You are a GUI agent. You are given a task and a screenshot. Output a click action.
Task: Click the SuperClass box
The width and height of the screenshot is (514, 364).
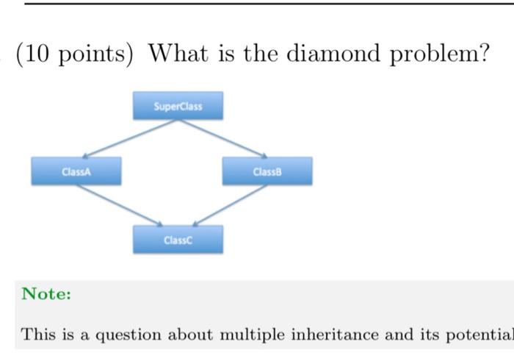[178, 106]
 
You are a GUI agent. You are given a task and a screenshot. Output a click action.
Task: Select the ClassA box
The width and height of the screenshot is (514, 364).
[76, 171]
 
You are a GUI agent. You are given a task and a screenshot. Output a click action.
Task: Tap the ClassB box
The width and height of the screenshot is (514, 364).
[267, 171]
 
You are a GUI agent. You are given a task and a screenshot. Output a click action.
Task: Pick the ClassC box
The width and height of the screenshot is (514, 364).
[178, 240]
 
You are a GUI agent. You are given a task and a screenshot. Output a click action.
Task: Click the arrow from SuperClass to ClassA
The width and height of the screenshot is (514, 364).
[129, 138]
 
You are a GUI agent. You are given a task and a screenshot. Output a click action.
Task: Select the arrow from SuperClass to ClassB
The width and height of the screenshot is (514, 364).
[222, 138]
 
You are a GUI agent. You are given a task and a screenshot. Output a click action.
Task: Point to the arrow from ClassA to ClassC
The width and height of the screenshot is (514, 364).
[119, 204]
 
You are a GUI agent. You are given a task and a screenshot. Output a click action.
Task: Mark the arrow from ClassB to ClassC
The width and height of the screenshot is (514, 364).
[229, 204]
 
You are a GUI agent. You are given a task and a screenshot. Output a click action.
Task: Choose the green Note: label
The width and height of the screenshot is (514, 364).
[46, 294]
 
